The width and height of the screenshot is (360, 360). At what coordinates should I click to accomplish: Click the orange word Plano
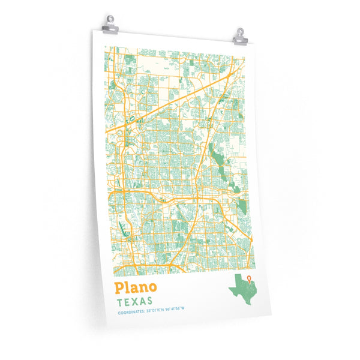(x=136, y=287)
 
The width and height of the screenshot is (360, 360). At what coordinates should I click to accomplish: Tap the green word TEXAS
(x=135, y=301)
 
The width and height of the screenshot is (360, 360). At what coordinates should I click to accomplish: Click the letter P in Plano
(x=120, y=287)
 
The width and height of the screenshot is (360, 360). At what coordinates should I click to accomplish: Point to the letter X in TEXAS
(x=136, y=301)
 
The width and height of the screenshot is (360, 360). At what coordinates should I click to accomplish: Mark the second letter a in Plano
(x=134, y=289)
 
